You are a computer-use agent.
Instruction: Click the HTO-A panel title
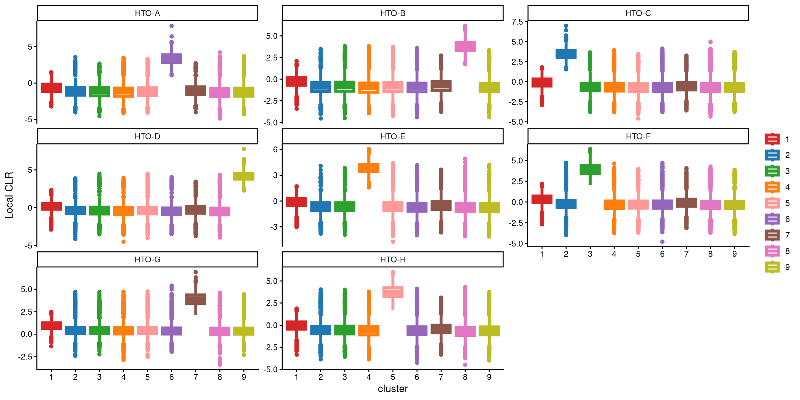click(147, 13)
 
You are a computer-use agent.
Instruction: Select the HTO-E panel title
click(392, 136)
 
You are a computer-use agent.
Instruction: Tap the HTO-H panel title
click(392, 259)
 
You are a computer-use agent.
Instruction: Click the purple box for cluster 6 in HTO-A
click(172, 58)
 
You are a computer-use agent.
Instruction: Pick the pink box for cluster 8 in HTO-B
click(465, 46)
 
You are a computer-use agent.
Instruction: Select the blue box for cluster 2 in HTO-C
click(566, 54)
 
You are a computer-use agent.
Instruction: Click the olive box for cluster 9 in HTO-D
click(244, 176)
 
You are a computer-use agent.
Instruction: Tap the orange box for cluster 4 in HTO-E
click(369, 168)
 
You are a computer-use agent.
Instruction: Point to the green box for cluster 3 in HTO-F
click(590, 169)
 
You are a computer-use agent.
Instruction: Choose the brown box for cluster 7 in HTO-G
click(195, 299)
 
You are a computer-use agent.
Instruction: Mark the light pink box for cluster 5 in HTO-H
click(393, 292)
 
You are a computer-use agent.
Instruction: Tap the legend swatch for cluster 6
click(772, 219)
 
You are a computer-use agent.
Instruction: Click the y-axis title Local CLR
click(9, 195)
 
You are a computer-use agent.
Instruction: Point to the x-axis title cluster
click(392, 389)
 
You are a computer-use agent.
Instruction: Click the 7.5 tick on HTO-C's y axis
click(517, 22)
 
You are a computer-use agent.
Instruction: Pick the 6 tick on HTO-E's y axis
click(275, 149)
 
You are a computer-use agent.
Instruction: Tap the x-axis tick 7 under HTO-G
click(195, 377)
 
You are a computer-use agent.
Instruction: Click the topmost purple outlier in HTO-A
click(172, 26)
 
